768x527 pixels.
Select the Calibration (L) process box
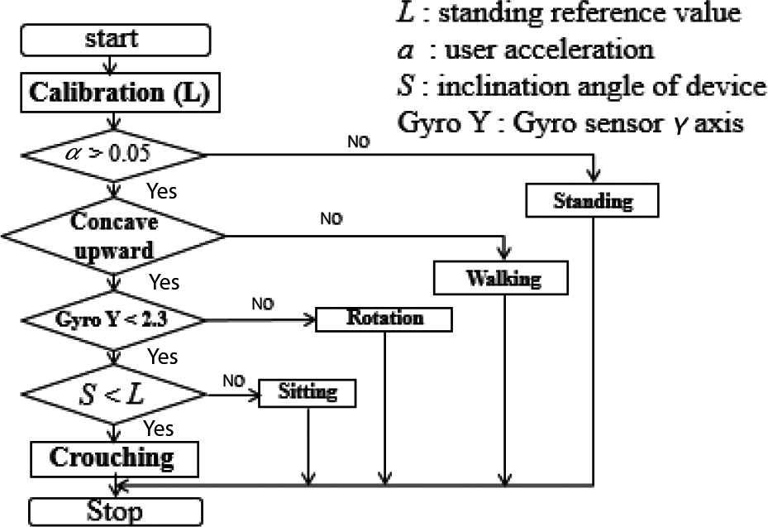[x=119, y=93]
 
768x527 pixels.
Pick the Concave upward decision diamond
[x=114, y=236]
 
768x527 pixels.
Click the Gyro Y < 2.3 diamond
[x=111, y=319]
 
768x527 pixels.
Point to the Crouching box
[x=114, y=458]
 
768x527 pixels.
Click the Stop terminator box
[x=114, y=510]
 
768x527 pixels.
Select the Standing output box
[x=593, y=201]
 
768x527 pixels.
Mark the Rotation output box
[x=384, y=319]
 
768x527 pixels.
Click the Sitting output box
[x=308, y=392]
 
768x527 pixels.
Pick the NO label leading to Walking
[x=331, y=219]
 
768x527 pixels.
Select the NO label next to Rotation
[x=262, y=304]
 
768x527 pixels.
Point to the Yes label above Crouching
[x=159, y=429]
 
